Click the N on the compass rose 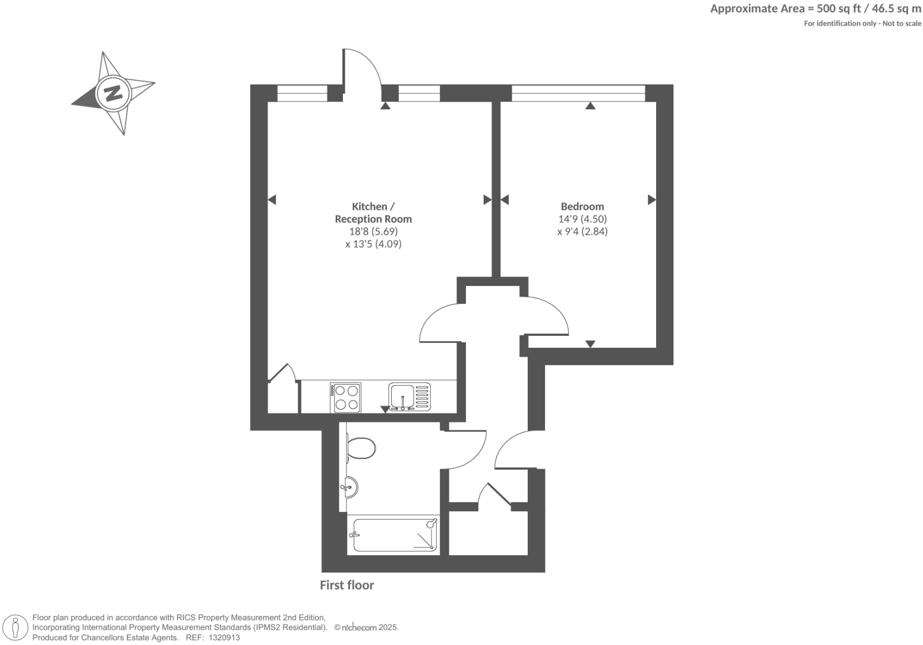point(113,93)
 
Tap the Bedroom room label point(582,206)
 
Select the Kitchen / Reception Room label point(373,212)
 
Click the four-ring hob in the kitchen point(346,398)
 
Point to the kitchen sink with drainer point(409,397)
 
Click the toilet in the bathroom point(361,448)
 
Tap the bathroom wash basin point(350,489)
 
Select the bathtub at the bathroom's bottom point(395,534)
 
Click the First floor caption point(346,585)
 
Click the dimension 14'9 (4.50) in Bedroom point(582,219)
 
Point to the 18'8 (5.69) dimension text point(373,231)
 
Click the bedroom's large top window point(578,93)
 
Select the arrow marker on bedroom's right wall point(651,200)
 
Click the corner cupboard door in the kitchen point(282,373)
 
